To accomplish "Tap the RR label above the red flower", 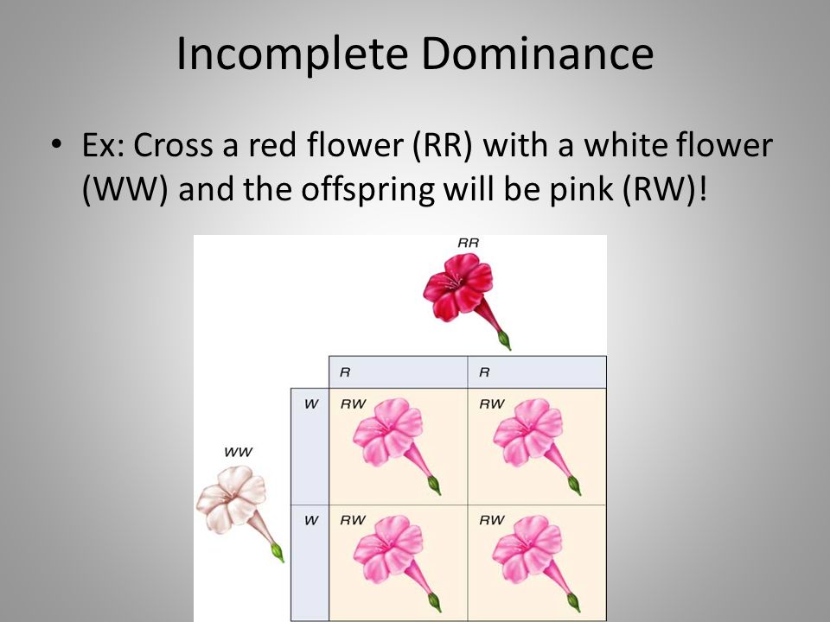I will click(x=468, y=244).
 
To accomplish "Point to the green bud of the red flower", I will click(x=504, y=340).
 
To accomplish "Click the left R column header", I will click(x=345, y=373).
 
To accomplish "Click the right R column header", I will click(x=483, y=373).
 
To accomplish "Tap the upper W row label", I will click(x=310, y=404).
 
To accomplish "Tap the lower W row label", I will click(x=310, y=520).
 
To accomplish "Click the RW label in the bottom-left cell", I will click(x=352, y=520).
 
